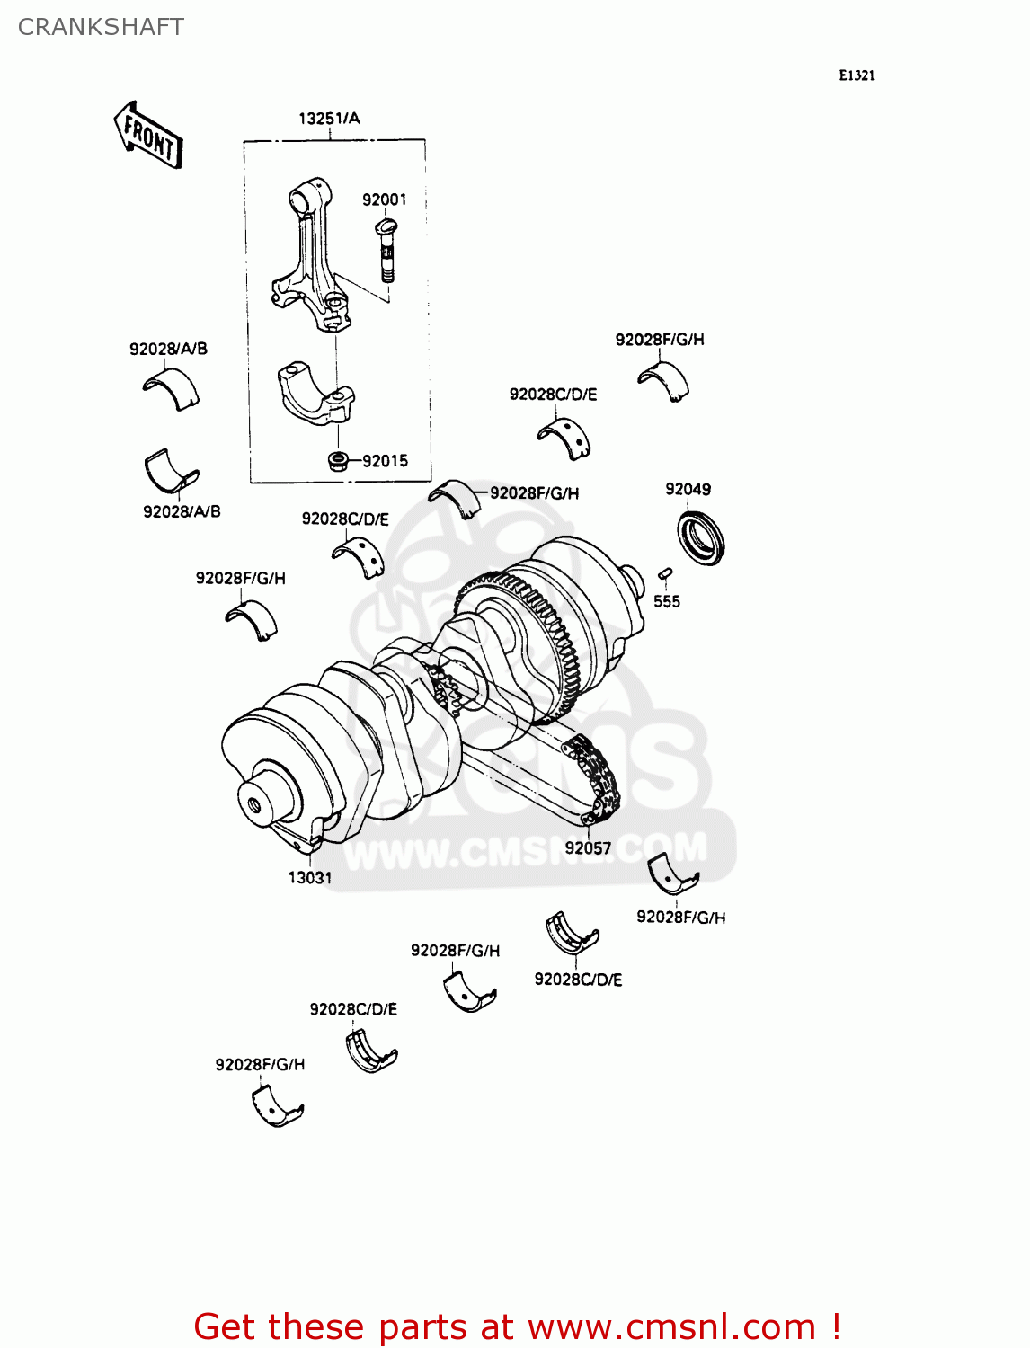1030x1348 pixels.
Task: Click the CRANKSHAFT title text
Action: pos(101,27)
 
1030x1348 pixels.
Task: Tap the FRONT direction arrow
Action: pos(148,135)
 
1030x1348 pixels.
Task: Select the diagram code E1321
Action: pos(856,75)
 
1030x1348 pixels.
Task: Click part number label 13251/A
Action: pos(329,119)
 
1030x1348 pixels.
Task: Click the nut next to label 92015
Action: pos(338,462)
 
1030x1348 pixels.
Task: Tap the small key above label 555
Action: pos(665,572)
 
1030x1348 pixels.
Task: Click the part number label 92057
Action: pos(588,847)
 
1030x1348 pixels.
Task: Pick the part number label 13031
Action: pos(310,877)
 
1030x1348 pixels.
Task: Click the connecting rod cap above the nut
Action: pos(316,395)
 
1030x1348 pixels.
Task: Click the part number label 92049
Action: pos(688,489)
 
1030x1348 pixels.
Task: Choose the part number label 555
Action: pos(666,601)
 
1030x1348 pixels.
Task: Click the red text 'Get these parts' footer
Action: pos(517,1326)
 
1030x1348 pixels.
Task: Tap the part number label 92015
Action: pos(385,461)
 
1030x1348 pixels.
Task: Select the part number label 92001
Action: pos(384,200)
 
